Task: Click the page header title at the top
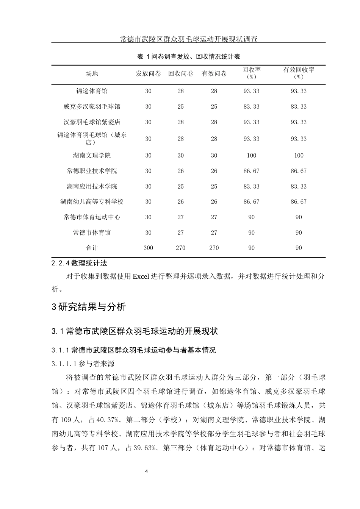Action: click(x=188, y=39)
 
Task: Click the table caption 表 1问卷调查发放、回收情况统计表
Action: click(x=188, y=56)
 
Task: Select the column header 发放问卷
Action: click(x=148, y=73)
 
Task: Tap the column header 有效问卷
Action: click(x=214, y=73)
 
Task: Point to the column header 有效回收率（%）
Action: click(x=299, y=73)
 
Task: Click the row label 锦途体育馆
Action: click(x=92, y=91)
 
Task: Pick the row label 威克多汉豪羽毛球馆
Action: click(x=92, y=106)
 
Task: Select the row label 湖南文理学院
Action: click(x=92, y=155)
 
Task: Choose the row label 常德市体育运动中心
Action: click(x=92, y=217)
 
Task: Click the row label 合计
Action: click(x=92, y=248)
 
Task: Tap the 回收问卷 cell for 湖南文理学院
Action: click(x=180, y=155)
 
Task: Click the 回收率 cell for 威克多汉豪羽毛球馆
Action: click(x=251, y=106)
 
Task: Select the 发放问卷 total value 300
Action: click(x=148, y=248)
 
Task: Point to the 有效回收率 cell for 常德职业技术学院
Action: click(x=299, y=171)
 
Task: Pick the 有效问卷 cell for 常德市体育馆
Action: click(x=214, y=233)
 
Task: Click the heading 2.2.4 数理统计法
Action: click(x=79, y=262)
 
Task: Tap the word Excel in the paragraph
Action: click(x=141, y=276)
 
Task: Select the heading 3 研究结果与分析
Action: click(x=89, y=307)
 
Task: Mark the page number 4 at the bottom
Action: click(x=147, y=471)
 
